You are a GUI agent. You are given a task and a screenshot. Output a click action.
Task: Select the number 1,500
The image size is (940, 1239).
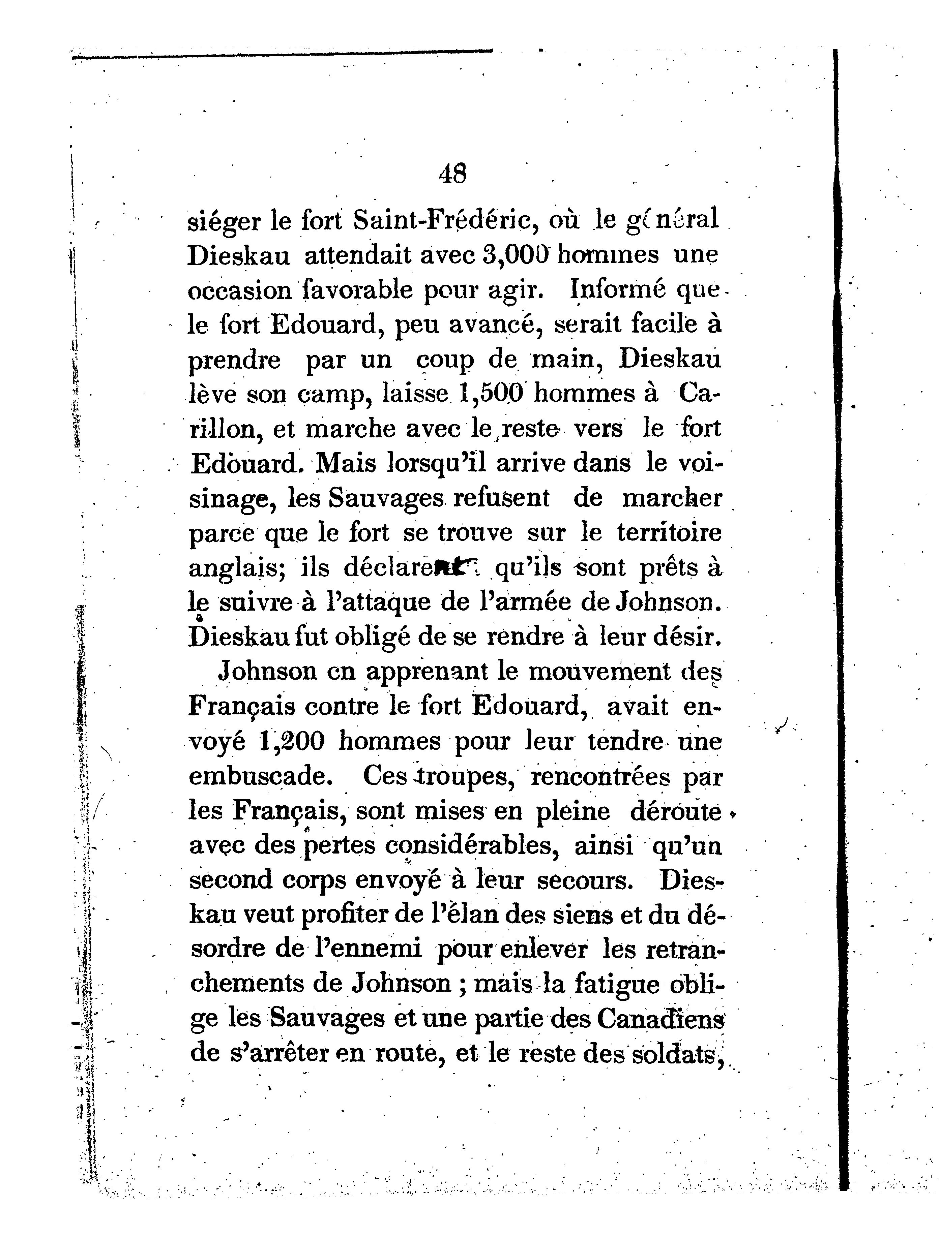coord(491,394)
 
